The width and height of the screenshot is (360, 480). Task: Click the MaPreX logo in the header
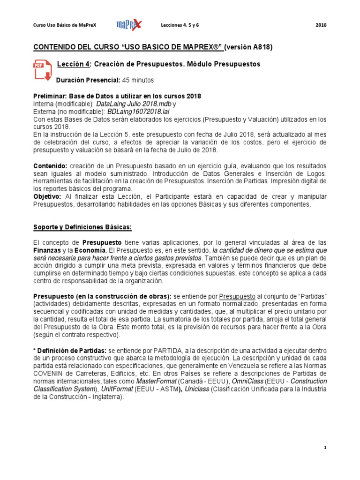point(129,25)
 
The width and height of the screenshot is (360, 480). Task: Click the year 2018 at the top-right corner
point(322,25)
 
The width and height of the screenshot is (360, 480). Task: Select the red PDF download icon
point(42,70)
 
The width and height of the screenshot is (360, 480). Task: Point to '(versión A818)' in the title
point(248,47)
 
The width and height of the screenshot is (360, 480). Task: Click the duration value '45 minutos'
point(138,80)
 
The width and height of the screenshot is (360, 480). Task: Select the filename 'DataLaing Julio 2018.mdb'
point(134,103)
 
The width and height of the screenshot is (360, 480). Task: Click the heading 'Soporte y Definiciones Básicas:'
point(82,227)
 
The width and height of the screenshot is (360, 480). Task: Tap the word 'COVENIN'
point(50,374)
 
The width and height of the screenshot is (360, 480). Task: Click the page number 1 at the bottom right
point(325,448)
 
